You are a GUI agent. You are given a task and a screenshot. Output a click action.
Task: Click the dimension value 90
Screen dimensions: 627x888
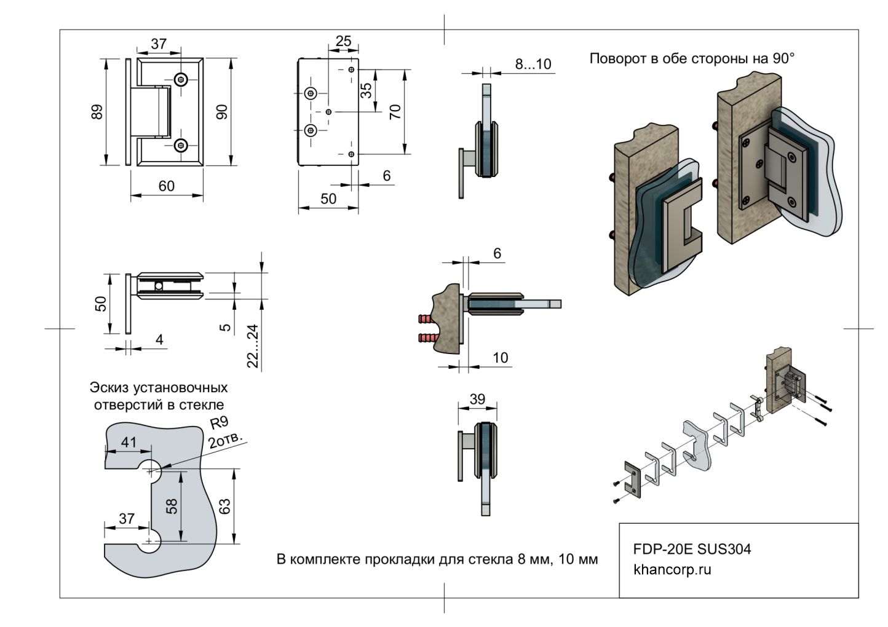222,112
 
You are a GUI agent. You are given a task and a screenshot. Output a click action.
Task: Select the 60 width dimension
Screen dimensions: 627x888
167,186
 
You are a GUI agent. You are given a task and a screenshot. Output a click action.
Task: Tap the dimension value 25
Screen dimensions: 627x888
343,41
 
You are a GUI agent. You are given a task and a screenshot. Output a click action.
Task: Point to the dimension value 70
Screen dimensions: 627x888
395,111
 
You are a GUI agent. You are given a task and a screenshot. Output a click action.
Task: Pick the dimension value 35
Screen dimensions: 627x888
366,91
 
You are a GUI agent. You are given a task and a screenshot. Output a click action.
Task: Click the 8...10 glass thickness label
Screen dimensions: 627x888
533,64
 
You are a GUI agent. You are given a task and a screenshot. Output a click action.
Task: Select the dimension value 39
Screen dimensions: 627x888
477,399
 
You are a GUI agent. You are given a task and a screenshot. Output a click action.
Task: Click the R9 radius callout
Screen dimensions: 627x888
220,424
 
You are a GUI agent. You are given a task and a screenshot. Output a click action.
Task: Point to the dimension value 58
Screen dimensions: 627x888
172,506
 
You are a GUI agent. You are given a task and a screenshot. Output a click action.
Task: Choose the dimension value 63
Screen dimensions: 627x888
224,506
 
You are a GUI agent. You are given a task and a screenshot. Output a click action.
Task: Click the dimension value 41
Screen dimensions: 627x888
129,442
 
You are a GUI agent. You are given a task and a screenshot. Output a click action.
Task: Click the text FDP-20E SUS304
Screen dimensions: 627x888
692,549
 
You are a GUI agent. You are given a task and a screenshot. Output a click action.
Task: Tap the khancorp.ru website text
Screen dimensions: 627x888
672,569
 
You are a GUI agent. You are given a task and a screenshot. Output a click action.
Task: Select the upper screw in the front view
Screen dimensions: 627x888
181,79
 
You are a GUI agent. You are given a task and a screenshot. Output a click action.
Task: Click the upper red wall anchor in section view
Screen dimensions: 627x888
427,320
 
